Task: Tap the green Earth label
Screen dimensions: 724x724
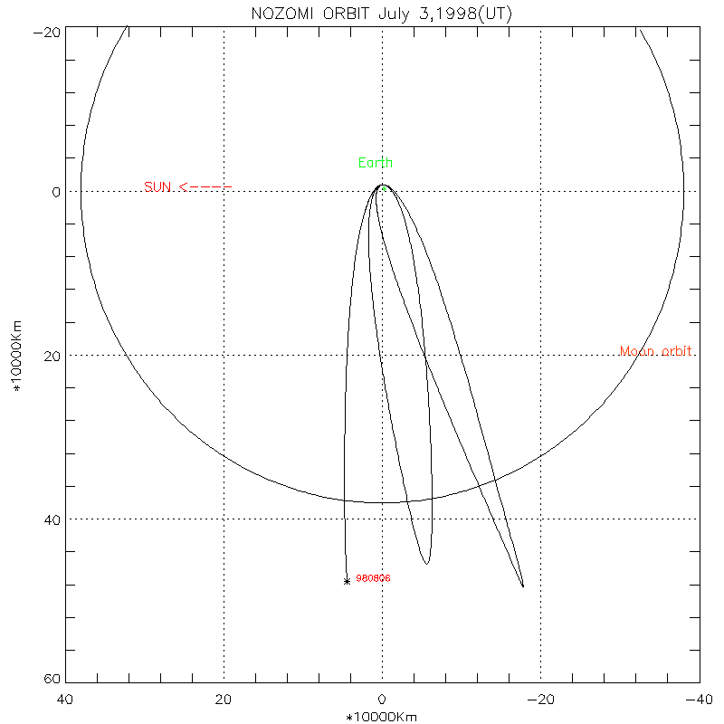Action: (x=376, y=163)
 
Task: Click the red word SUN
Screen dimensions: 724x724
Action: (x=157, y=187)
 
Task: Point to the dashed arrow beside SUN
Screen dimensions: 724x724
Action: (x=205, y=187)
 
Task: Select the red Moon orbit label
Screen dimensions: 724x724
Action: (x=657, y=351)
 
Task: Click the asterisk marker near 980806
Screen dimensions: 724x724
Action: (x=347, y=581)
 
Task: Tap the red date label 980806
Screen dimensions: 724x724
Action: (x=373, y=578)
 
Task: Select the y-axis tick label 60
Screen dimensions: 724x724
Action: (x=52, y=680)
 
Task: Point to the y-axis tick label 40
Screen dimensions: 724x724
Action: (x=52, y=519)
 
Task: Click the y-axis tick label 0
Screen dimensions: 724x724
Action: (x=56, y=192)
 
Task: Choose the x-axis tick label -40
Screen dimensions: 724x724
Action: (x=697, y=700)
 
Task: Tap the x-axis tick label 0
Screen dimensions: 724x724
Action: (x=382, y=700)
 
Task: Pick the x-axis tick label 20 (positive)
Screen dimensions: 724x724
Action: (x=224, y=700)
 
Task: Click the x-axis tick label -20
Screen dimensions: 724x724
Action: (x=541, y=700)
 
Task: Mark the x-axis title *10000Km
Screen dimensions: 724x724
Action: (x=382, y=717)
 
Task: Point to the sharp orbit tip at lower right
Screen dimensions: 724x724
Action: (x=523, y=586)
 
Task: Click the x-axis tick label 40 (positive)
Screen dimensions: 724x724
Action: (x=65, y=700)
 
